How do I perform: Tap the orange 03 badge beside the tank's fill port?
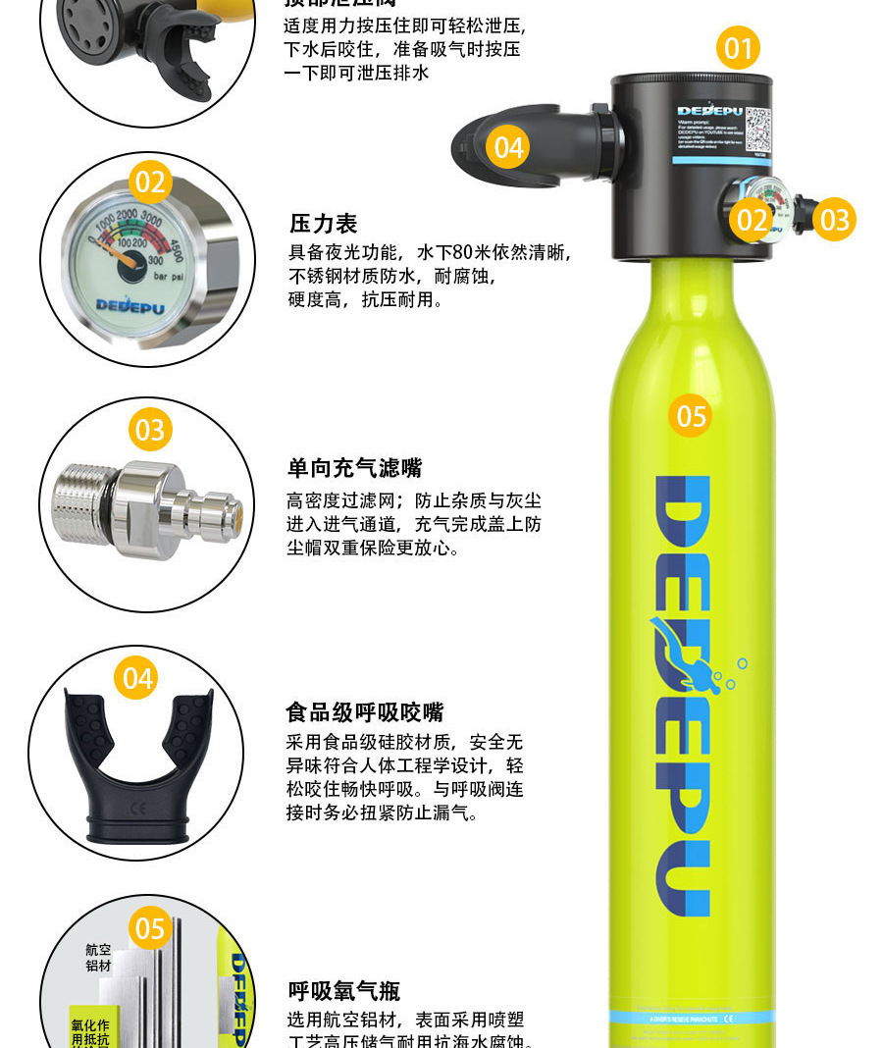[834, 219]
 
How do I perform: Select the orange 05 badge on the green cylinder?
[692, 416]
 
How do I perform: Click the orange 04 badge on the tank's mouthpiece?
[508, 147]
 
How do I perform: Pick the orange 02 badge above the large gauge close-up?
[150, 183]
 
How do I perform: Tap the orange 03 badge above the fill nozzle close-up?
[150, 430]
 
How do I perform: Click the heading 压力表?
[323, 224]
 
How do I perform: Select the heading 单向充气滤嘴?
[354, 468]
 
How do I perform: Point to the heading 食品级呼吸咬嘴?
[364, 711]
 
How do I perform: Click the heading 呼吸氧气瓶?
[343, 990]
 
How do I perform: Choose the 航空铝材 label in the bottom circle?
[99, 958]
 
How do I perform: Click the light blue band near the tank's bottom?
[691, 1018]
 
